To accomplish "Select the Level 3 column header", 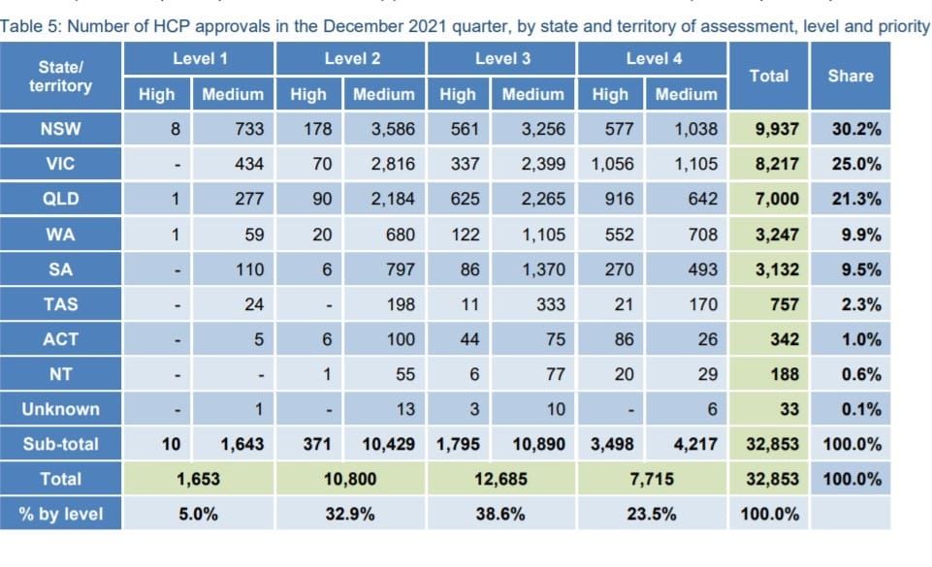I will (x=502, y=59).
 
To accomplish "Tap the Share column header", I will (x=850, y=76).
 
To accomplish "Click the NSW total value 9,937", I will (x=776, y=129).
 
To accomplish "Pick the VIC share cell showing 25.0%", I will (x=855, y=164).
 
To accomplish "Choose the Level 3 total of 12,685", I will (x=502, y=479).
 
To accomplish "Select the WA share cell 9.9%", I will (x=860, y=235).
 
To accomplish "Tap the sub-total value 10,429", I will (x=389, y=444).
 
